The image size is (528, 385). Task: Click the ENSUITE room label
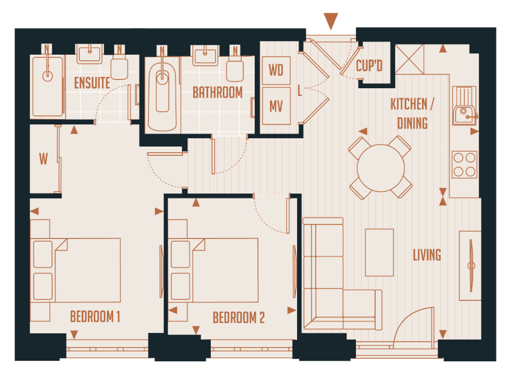coord(92,83)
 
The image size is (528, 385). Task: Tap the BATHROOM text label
coord(218,92)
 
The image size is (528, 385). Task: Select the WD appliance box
coord(276,70)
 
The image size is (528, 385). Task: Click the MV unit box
coord(276,106)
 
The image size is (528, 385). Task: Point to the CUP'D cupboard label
coord(369,66)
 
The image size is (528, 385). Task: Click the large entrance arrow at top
coord(331,21)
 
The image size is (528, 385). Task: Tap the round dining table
coord(381,168)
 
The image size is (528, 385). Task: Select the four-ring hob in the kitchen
coord(464,165)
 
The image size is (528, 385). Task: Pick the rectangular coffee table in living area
coord(380,252)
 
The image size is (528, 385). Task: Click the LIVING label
coord(427,255)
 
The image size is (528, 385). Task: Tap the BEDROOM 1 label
coord(95,316)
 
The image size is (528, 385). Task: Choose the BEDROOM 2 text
coord(239,317)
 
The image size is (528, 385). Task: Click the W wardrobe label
coord(43,159)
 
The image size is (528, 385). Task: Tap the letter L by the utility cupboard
coord(300,91)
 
